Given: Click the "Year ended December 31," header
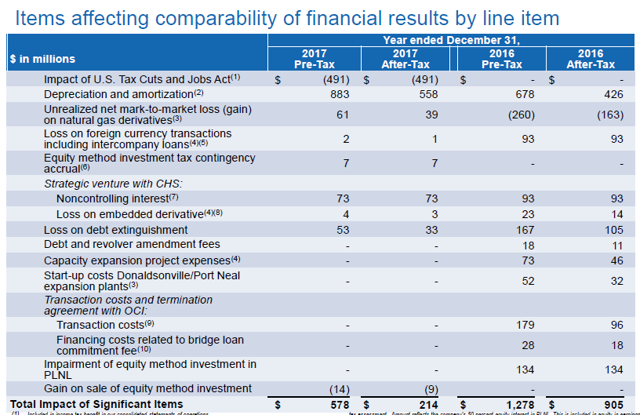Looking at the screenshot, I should coord(451,40).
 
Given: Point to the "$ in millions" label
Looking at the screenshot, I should coord(42,59).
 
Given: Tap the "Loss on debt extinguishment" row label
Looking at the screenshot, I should coord(115,230).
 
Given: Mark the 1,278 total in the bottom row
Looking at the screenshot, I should coord(518,404).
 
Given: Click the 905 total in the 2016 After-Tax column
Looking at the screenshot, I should coord(614,404).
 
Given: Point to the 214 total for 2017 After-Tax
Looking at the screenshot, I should coord(429,404).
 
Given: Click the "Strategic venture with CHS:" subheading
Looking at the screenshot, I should coord(112,183).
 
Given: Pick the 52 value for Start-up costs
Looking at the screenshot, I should coord(528,281).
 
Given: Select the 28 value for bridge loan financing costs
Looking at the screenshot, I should coord(528,345).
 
